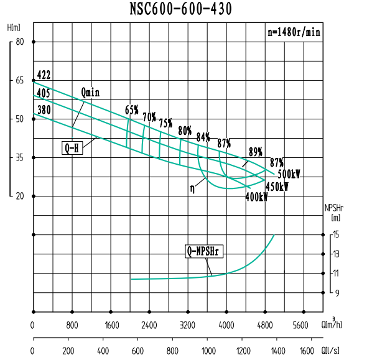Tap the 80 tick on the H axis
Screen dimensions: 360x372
(x=19, y=42)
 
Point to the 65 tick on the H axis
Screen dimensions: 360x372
(x=19, y=80)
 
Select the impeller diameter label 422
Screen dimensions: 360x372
(x=44, y=75)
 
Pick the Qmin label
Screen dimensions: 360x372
(x=90, y=92)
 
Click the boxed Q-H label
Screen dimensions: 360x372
(x=72, y=148)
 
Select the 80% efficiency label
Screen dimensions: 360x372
(x=185, y=131)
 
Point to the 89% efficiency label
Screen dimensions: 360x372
(x=255, y=152)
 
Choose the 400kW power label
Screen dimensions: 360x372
(x=256, y=197)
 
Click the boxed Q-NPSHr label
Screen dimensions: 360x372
(x=205, y=252)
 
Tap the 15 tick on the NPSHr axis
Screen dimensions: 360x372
(x=335, y=234)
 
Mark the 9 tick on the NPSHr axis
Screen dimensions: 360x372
(x=335, y=292)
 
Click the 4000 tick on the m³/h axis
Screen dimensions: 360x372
(x=226, y=325)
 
